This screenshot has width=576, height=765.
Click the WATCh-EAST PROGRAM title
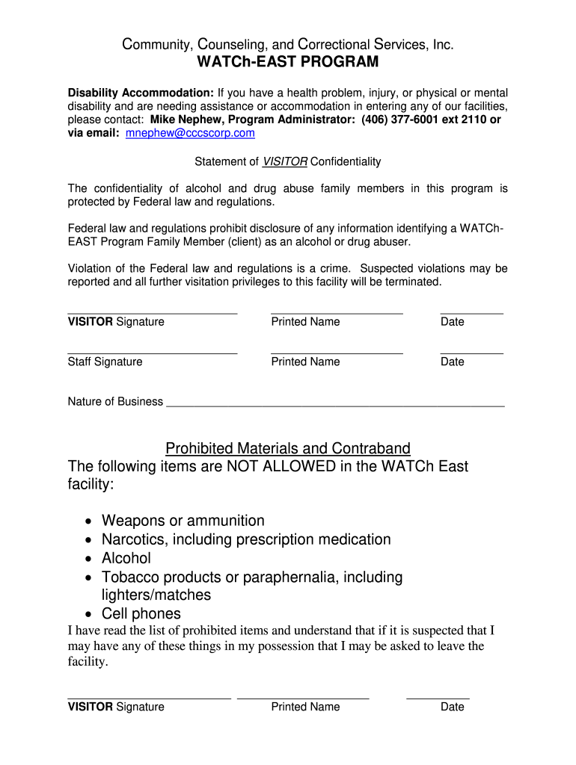pyautogui.click(x=288, y=62)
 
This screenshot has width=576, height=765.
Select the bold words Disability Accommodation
pyautogui.click(x=141, y=93)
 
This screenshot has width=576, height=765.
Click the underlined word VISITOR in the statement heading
pyautogui.click(x=285, y=161)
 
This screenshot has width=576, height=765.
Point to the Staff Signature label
pyautogui.click(x=105, y=362)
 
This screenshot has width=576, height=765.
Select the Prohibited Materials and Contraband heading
pyautogui.click(x=288, y=448)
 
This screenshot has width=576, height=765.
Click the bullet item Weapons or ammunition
pyautogui.click(x=183, y=521)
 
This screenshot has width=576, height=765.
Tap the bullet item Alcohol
pyautogui.click(x=126, y=558)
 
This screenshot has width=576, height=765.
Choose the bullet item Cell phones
pyautogui.click(x=141, y=614)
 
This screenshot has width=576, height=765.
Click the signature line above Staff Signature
pyautogui.click(x=153, y=351)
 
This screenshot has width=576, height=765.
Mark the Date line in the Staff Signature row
pyautogui.click(x=471, y=351)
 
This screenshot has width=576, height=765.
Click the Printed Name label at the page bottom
pyautogui.click(x=305, y=707)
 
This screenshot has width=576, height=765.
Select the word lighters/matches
pyautogui.click(x=156, y=595)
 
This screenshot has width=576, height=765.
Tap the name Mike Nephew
pyautogui.click(x=184, y=120)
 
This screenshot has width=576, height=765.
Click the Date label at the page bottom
pyautogui.click(x=453, y=707)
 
